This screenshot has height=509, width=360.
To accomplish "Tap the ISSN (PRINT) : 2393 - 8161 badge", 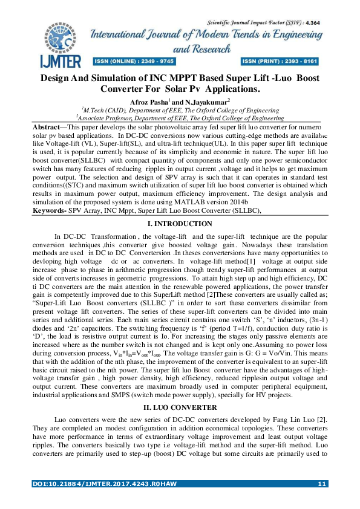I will (280, 62).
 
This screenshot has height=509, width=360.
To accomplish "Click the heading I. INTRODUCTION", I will (180, 224).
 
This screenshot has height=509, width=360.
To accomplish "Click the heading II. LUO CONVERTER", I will (180, 407).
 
